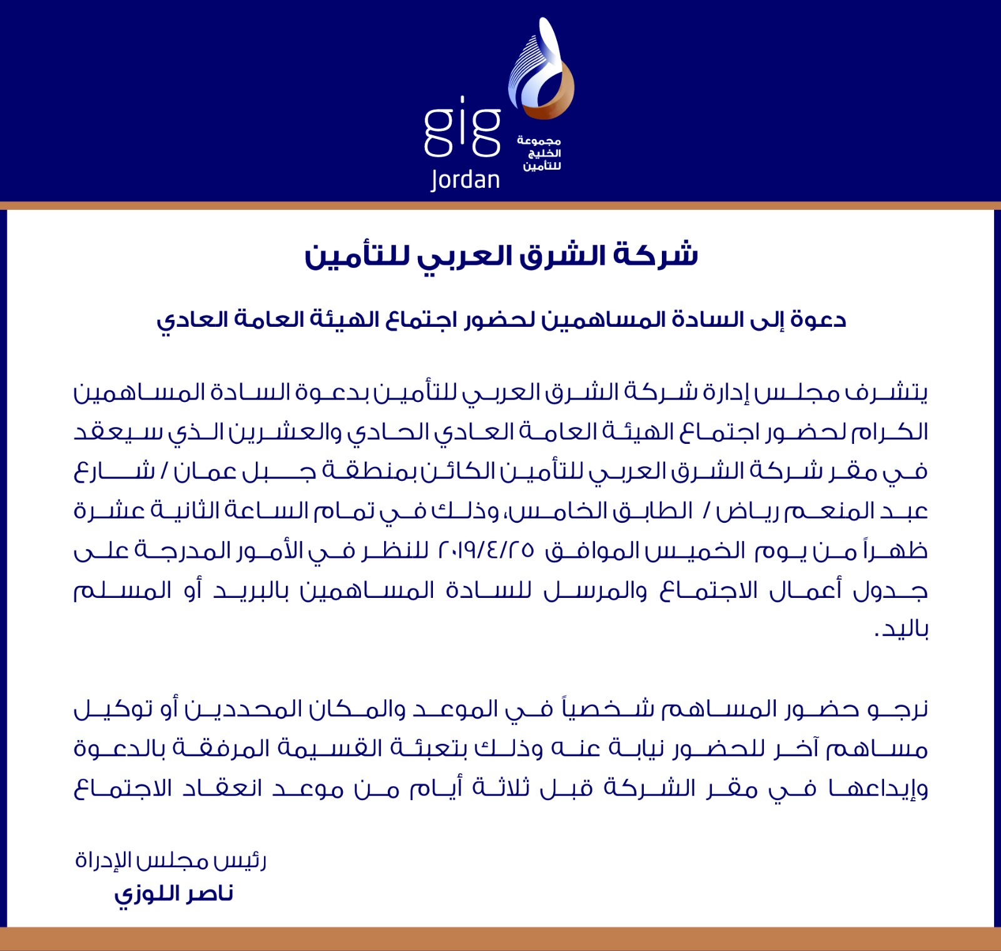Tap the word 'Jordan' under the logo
click(465, 180)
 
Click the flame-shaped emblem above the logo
click(541, 72)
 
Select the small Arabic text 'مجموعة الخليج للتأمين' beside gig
click(539, 153)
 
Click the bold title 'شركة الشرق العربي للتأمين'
click(501, 255)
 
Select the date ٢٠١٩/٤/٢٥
click(487, 550)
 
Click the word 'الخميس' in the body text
click(696, 551)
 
